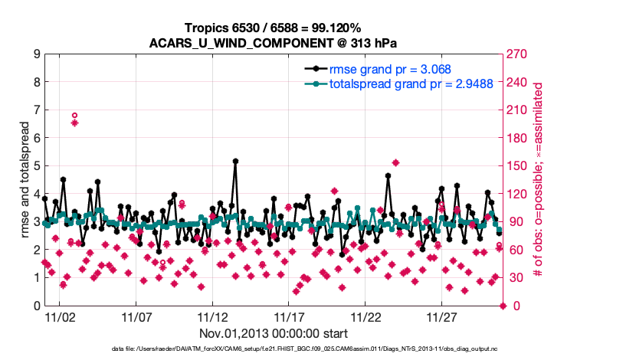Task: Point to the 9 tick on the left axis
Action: [x=36, y=54]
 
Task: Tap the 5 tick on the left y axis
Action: [x=36, y=166]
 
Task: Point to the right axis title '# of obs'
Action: [x=539, y=180]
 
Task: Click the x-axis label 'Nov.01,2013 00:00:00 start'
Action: [x=274, y=333]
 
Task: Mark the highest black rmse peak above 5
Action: [x=235, y=161]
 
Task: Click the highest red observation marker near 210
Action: [x=74, y=116]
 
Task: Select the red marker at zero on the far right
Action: [x=503, y=306]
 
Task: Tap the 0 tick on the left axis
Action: [x=36, y=306]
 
